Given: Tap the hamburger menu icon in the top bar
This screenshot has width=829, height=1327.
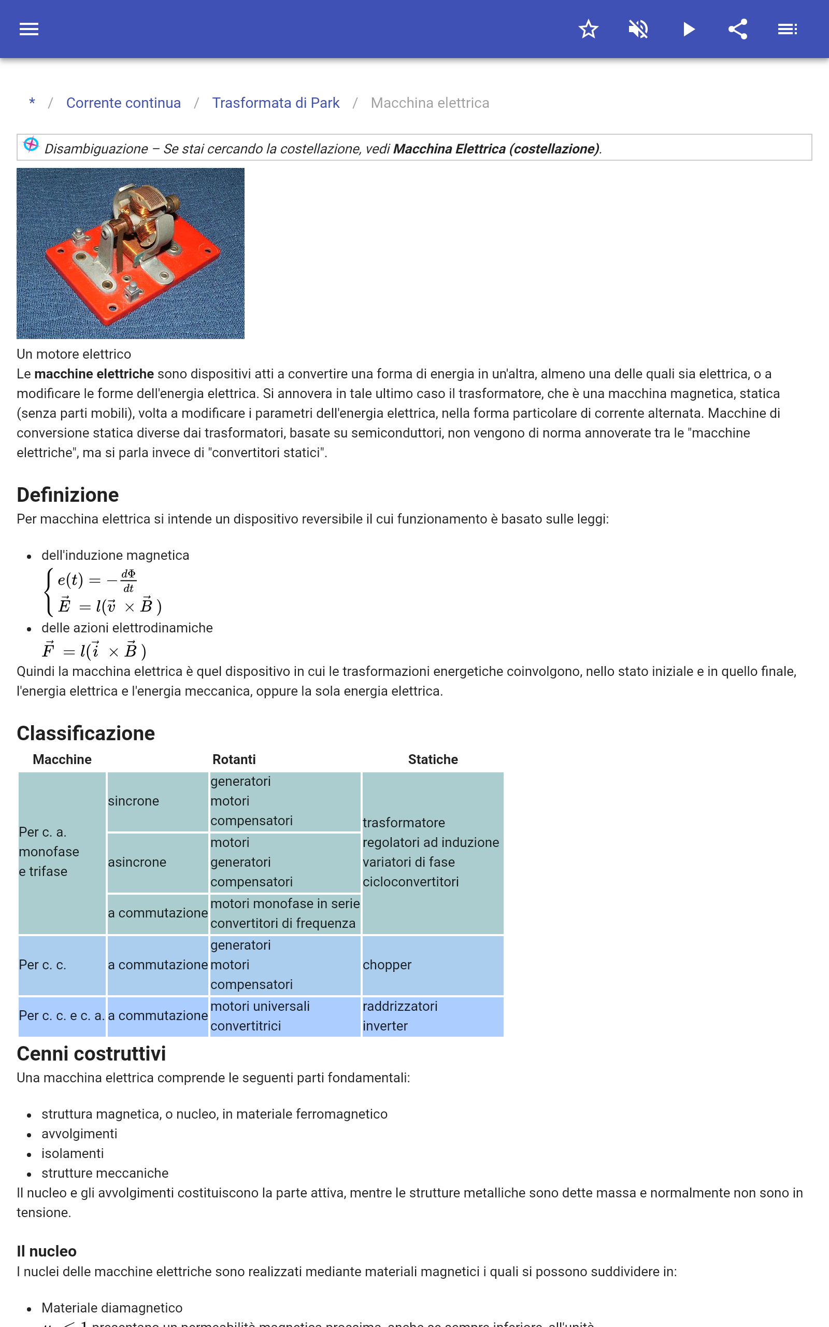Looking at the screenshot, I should [29, 29].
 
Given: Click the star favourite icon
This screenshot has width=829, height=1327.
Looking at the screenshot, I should [588, 29].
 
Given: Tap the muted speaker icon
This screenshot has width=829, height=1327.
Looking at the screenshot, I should [638, 29].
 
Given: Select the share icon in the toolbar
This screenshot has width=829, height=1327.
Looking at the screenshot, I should [738, 29].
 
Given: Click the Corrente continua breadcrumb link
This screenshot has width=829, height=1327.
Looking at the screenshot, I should [123, 103].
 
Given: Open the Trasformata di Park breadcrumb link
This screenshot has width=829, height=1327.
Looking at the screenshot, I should [276, 103].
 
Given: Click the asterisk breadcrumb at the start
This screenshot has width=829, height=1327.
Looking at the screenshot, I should [32, 103].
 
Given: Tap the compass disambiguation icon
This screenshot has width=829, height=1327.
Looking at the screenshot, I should [31, 145].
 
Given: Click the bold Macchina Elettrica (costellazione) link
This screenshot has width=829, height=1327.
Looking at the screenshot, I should [496, 149].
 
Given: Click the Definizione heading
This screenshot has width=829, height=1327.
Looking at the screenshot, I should [68, 495].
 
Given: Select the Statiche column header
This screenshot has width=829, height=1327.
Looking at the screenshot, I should [433, 759].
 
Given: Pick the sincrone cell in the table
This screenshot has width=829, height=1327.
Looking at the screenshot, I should [134, 801].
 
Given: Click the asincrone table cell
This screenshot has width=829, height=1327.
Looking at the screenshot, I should [137, 863].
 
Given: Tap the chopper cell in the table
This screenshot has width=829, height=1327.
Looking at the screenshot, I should [387, 965].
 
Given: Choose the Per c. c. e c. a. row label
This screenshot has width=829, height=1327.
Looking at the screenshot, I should [62, 1016].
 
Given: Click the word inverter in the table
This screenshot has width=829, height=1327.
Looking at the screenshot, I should [385, 1026].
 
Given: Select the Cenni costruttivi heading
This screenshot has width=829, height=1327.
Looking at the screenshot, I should [92, 1054].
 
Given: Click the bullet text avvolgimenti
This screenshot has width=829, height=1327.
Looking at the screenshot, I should [79, 1134].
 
